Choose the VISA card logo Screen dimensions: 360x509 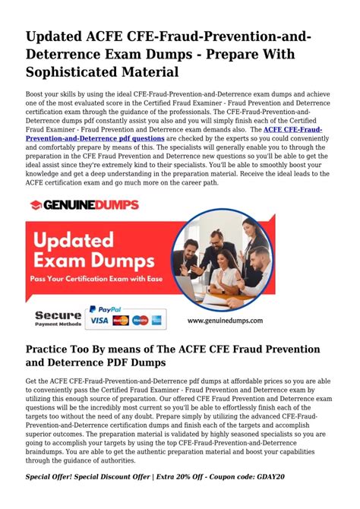tap(99, 321)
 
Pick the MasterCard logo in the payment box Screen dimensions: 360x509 tap(120, 321)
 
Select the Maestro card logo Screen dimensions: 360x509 tap(139, 321)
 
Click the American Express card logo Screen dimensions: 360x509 tap(156, 321)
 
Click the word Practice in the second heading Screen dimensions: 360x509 tap(52, 349)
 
